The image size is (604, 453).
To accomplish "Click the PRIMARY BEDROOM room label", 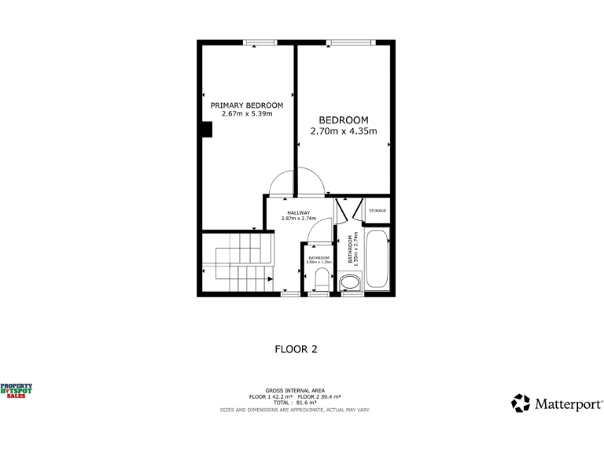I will point(246,105).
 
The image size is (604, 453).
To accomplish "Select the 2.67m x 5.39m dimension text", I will point(246,114).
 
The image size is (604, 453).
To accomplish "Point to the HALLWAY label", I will point(298,212).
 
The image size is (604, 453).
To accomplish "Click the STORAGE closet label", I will point(377,211).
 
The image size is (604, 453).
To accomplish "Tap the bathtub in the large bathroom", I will point(377,260).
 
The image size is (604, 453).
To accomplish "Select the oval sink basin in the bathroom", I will point(350,282).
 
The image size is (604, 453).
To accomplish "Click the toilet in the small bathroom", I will point(320,279).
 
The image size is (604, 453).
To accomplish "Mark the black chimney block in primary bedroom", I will point(206,130).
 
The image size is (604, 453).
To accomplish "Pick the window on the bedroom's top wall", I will point(350,42).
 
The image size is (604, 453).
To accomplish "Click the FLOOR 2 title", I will point(296,348).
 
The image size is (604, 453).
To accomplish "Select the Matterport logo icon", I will point(521,403).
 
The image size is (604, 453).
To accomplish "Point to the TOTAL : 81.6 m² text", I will point(295,403).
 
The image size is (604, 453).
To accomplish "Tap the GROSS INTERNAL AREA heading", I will point(295,391).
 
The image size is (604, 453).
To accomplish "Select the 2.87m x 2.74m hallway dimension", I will point(298,219).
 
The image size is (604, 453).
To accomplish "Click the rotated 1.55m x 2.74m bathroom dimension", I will point(355,250).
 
